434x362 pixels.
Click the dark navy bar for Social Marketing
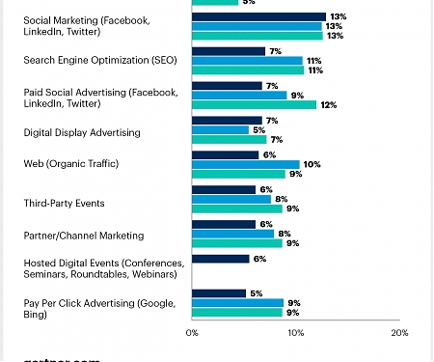click(x=258, y=16)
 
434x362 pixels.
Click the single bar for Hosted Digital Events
click(x=222, y=259)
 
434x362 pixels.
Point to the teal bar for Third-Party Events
click(x=237, y=209)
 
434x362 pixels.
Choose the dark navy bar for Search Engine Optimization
click(x=229, y=51)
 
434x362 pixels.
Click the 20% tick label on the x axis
click(x=399, y=333)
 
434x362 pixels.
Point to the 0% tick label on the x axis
click(x=192, y=333)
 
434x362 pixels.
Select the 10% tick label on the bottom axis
click(x=295, y=333)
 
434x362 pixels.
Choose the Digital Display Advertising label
click(x=82, y=130)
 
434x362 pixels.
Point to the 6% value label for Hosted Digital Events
click(x=259, y=259)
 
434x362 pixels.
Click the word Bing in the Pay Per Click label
click(x=35, y=314)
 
